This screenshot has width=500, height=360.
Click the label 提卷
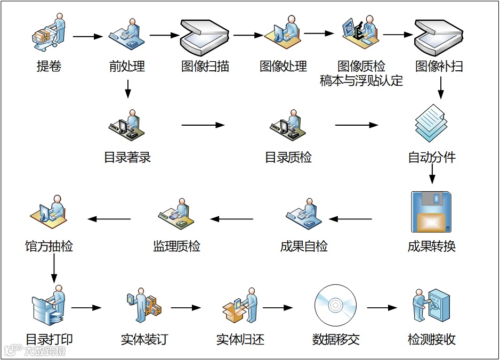pos(49,67)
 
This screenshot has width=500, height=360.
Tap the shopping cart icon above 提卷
pos(49,33)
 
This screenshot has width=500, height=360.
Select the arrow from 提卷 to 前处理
pos(87,37)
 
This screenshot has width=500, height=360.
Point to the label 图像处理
pos(283,67)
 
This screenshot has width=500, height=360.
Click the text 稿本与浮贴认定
pos(361,81)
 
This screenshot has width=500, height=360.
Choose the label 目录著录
pos(127,158)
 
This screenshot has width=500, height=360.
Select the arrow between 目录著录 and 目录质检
pos(203,125)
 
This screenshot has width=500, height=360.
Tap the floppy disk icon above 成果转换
pos(432,211)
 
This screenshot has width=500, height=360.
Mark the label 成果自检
pos(304,247)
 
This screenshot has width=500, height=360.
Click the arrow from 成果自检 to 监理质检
pos(231,219)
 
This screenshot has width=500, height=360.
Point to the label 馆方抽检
pos(49,247)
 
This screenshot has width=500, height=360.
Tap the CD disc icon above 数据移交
pos(335,304)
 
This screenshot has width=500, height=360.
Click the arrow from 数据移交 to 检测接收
pos(382,308)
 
